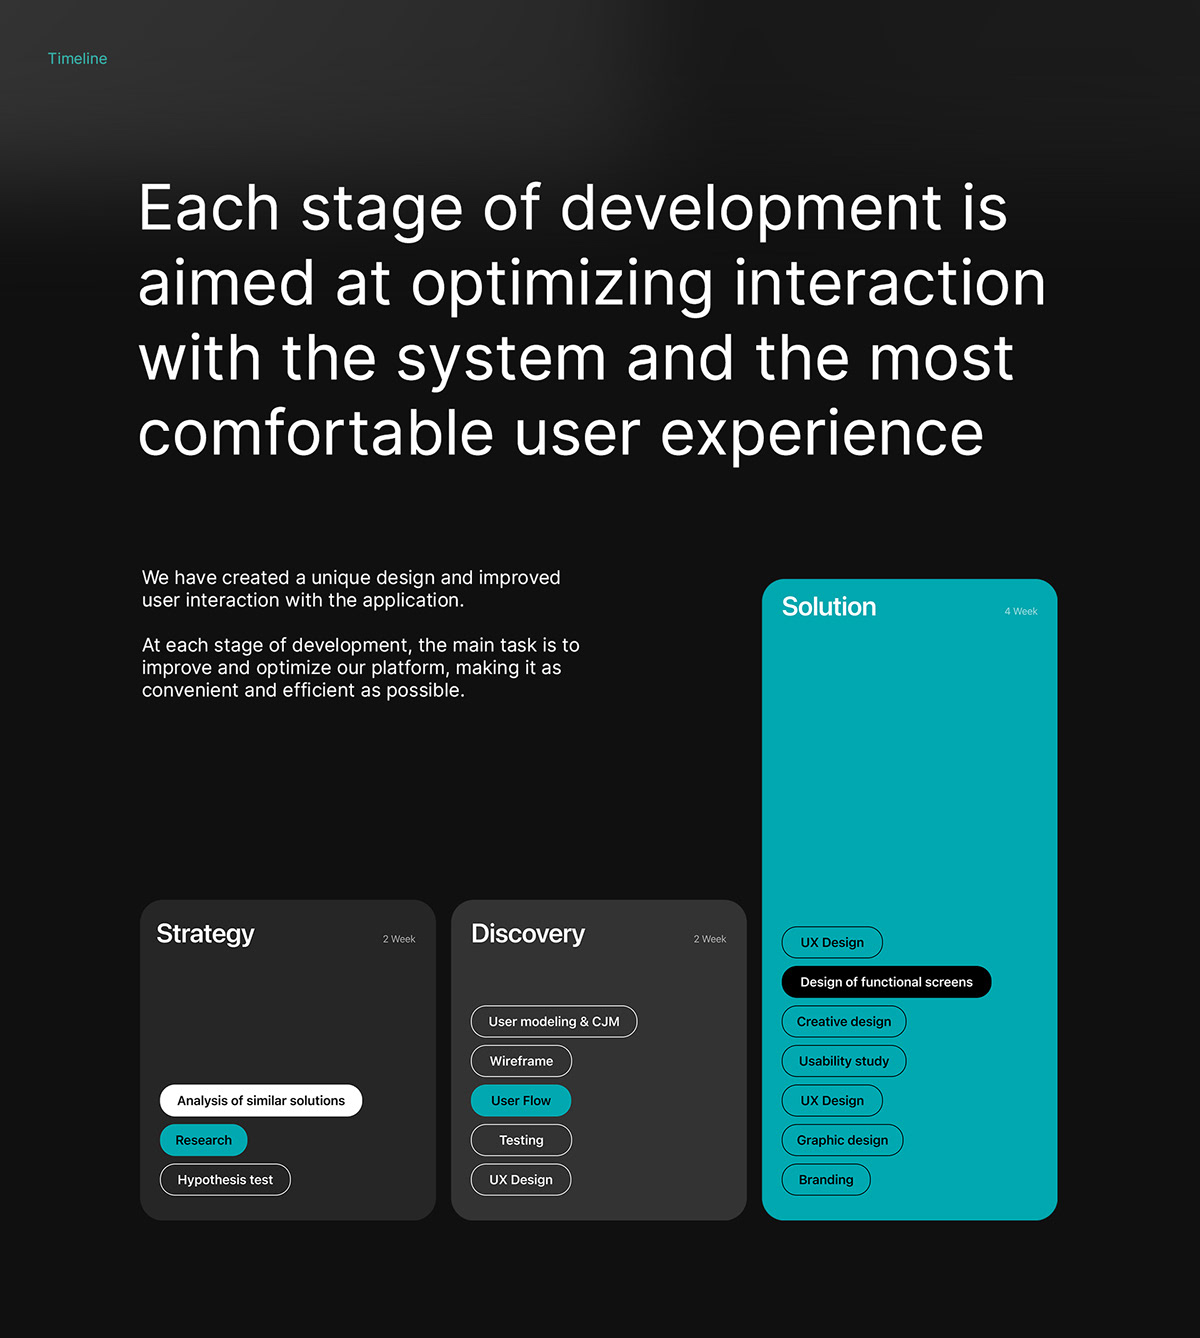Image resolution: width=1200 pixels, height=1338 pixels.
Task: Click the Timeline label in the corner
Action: [x=77, y=59]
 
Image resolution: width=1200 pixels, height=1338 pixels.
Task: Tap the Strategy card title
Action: [x=205, y=934]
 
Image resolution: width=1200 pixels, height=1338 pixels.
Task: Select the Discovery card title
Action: [x=528, y=934]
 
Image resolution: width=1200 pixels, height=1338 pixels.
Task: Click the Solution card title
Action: [x=829, y=606]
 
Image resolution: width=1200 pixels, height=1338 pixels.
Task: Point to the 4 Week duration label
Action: [x=1021, y=612]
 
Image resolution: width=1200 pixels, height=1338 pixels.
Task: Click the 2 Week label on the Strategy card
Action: [x=399, y=939]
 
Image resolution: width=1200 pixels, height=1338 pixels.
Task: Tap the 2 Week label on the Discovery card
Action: [x=710, y=939]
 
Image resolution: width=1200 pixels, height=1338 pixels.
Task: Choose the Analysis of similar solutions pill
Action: [x=261, y=1100]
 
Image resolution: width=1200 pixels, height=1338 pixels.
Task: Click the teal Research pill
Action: [x=203, y=1140]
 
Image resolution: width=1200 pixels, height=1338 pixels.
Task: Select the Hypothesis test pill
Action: [x=225, y=1180]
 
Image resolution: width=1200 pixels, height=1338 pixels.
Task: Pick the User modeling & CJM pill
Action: [x=554, y=1022]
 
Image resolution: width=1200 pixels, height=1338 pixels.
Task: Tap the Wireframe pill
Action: [x=521, y=1061]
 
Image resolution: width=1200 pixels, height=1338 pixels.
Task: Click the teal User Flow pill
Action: [x=521, y=1100]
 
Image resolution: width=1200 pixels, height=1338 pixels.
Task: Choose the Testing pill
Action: [x=521, y=1140]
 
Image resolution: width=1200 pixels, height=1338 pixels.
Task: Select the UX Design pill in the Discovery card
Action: [x=521, y=1180]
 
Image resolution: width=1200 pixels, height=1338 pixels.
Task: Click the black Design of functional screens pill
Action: [x=886, y=982]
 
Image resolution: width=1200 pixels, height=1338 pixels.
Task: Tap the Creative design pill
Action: [x=844, y=1022]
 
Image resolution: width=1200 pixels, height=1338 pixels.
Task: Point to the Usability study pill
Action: [x=844, y=1061]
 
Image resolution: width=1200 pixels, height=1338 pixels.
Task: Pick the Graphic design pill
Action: [x=842, y=1140]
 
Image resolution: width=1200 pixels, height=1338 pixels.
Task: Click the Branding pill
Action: [x=826, y=1180]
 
